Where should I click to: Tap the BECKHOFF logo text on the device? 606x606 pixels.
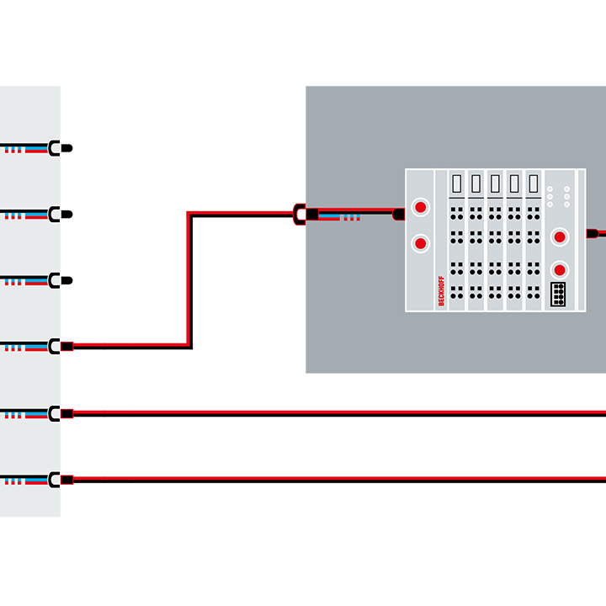click(441, 290)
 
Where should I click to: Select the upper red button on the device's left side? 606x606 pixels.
click(420, 207)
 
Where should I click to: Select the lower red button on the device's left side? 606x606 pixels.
click(420, 243)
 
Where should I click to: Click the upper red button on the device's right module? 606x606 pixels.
click(558, 237)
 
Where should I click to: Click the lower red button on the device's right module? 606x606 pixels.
click(558, 269)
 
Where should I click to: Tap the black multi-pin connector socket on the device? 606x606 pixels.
click(558, 294)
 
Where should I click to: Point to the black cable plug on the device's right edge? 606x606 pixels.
click(593, 233)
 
